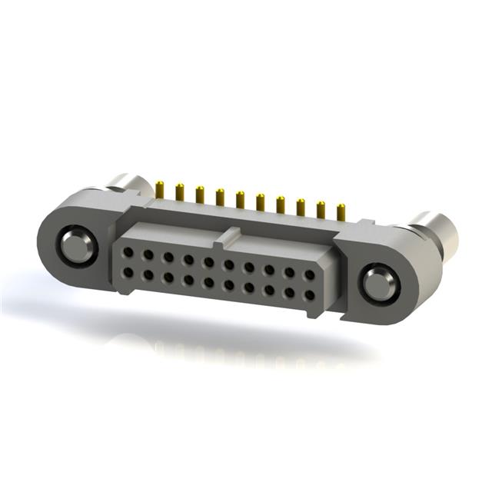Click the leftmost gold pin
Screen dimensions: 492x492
coord(160,188)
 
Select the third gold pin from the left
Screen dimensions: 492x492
coord(199,193)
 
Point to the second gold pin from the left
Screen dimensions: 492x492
coord(179,191)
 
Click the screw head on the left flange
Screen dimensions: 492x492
coord(76,245)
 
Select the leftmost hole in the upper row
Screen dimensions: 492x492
coord(129,251)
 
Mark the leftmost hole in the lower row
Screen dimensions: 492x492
coord(128,271)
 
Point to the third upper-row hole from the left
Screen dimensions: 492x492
coord(168,257)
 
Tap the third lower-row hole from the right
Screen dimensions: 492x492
coord(269,289)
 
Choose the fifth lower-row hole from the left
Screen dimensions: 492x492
coord(209,281)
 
